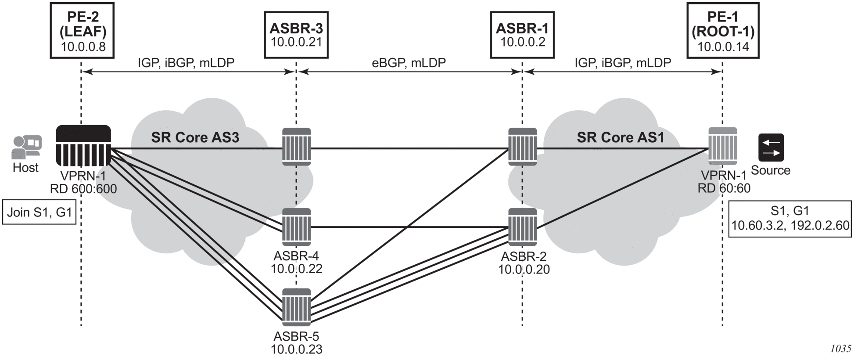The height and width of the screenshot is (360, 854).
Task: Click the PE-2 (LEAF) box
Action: tap(82, 31)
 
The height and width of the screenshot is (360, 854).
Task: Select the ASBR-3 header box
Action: tap(296, 35)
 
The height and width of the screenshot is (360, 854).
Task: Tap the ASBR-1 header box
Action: tap(522, 35)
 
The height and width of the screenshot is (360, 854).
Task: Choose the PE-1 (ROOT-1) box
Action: tap(722, 31)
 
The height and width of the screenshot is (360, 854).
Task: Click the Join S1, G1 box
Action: tap(39, 212)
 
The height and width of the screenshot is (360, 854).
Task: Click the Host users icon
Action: tap(26, 147)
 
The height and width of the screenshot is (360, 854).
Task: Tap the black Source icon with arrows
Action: tap(771, 148)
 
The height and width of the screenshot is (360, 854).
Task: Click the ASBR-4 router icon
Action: tap(296, 227)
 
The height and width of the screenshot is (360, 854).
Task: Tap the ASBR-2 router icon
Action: tap(522, 227)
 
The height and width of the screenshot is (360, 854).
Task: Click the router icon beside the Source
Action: tap(723, 147)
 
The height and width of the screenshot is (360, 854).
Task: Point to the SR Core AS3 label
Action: tap(195, 137)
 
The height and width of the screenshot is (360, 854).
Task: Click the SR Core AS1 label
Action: tap(620, 137)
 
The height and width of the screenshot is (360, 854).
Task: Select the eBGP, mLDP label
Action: tap(409, 63)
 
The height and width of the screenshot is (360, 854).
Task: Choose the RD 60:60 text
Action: tap(724, 188)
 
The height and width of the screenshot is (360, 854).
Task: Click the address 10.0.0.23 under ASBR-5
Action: tap(296, 349)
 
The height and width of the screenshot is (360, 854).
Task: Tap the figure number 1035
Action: tap(840, 349)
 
